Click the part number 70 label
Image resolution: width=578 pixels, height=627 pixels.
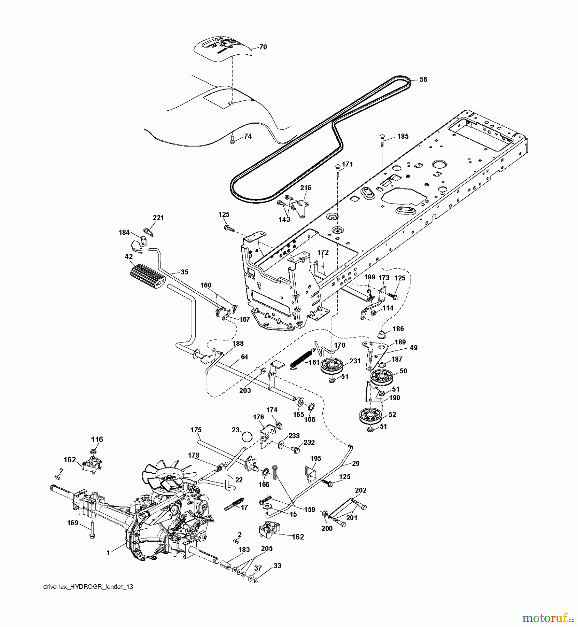[x=263, y=47]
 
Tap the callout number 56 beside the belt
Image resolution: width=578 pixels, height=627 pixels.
[x=423, y=79]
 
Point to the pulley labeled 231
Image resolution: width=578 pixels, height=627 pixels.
[x=332, y=366]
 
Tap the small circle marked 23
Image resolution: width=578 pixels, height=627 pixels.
[x=247, y=436]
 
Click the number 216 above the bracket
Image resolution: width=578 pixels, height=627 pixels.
[x=306, y=188]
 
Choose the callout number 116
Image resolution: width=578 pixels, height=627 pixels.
[x=97, y=439]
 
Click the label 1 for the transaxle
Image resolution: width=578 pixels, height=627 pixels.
[x=108, y=552]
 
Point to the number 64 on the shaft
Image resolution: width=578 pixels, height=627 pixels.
[x=244, y=357]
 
